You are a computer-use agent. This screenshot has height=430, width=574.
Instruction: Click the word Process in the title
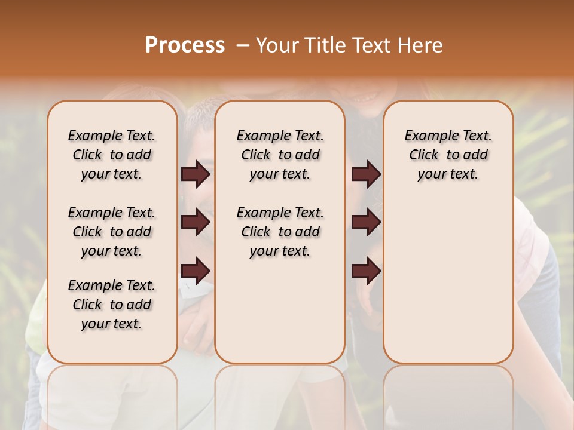point(185,45)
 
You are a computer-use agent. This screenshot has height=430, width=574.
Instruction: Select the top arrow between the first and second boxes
point(196,174)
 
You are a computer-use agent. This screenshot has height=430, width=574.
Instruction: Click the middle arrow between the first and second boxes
point(196,223)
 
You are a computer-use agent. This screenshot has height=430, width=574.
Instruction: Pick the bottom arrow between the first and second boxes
point(196,271)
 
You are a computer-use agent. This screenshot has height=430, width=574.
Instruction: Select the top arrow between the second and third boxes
point(366,174)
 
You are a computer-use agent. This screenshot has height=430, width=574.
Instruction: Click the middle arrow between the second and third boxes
point(366,223)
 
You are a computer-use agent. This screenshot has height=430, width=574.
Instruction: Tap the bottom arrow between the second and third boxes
point(366,271)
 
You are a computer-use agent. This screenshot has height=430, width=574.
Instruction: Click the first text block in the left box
point(112,155)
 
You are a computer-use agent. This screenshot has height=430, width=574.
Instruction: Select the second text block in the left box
point(112,232)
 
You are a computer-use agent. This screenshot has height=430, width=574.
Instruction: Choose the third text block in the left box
point(112,305)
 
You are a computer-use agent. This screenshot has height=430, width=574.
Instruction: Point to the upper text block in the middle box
point(280,155)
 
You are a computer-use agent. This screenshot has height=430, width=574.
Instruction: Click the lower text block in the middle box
point(280,232)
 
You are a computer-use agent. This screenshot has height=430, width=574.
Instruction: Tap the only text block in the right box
point(448,155)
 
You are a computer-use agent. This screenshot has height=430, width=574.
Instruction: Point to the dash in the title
point(242,45)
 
